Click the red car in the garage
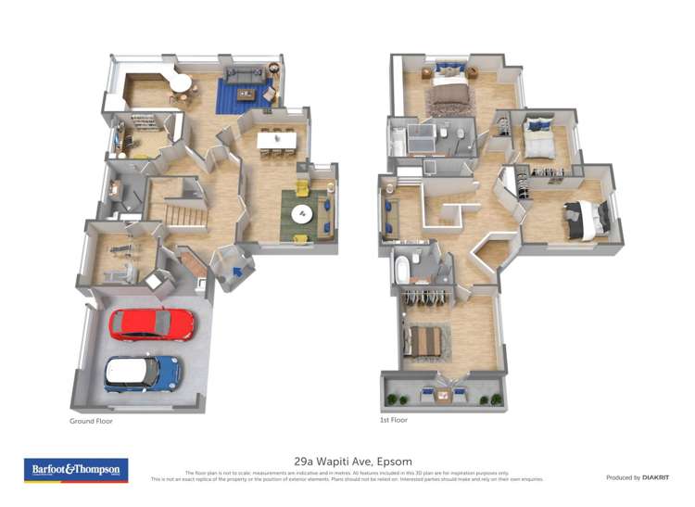[152, 324]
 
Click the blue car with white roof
[142, 374]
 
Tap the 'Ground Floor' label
[91, 420]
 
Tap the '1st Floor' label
[394, 420]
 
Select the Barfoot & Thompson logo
[76, 470]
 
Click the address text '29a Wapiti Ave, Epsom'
[353, 461]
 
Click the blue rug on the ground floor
[243, 94]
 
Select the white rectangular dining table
[277, 140]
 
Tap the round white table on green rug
[304, 214]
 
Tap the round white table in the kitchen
[182, 82]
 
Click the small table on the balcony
[446, 396]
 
